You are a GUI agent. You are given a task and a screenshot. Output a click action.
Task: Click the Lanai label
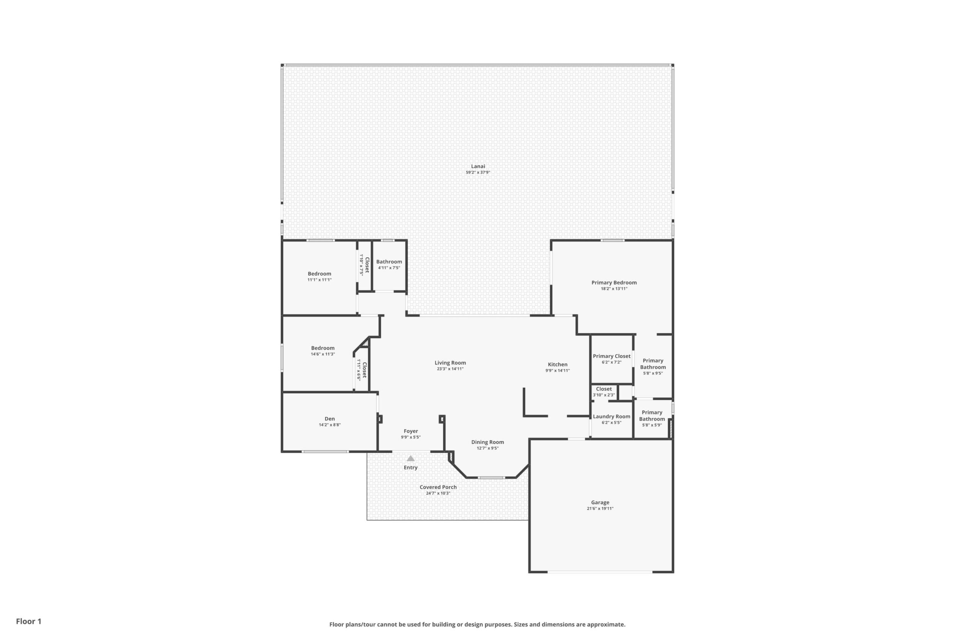[x=478, y=166]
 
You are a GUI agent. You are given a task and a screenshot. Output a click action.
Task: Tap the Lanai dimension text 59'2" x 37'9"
[x=478, y=172]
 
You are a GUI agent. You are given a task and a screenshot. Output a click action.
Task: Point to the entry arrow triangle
[x=411, y=458]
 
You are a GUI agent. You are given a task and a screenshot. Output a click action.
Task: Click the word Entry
[x=411, y=467]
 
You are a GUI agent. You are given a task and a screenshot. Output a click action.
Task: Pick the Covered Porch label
[x=438, y=487]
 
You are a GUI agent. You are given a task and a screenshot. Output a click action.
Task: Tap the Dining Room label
[x=488, y=442]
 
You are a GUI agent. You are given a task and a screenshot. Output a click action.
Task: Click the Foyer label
[x=411, y=431]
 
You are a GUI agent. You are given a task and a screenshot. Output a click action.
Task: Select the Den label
[x=330, y=419]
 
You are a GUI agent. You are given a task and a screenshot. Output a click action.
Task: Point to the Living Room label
[x=450, y=363]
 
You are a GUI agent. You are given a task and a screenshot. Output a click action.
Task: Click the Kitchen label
[x=557, y=364]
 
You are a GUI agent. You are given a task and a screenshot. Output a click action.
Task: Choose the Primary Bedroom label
[x=614, y=283]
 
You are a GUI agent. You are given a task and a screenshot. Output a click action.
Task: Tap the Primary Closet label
[x=611, y=356]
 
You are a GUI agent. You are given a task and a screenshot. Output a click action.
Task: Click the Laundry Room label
[x=611, y=416]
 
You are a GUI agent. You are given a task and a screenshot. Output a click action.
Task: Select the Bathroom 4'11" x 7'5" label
[x=389, y=261]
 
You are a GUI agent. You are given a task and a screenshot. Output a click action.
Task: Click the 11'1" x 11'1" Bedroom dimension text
[x=319, y=280]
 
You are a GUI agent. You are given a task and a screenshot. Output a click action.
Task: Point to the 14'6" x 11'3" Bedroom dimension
[x=323, y=354]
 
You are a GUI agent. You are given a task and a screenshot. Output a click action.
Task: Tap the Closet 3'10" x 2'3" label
[x=604, y=389]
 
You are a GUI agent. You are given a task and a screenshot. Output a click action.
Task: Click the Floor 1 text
[x=28, y=621]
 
